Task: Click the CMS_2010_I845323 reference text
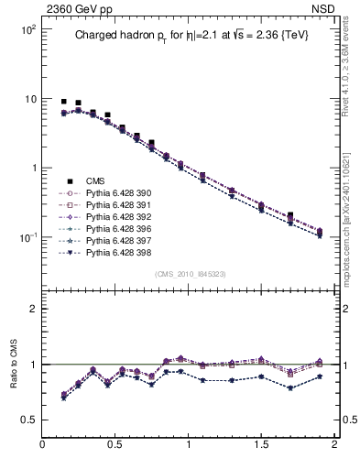point(188,274)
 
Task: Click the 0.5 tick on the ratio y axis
point(28,420)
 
